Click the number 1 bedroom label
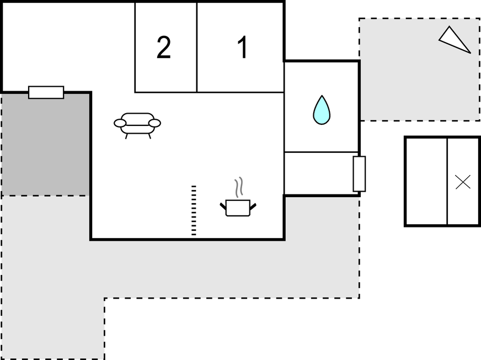tap(242, 48)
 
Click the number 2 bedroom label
tap(164, 48)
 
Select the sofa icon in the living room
tap(137, 124)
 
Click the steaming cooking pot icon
tap(238, 207)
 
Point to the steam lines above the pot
tap(238, 187)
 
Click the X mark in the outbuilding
tap(463, 182)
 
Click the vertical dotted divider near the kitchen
tap(194, 210)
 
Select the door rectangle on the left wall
tap(46, 92)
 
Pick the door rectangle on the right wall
tap(359, 174)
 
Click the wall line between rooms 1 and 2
tap(197, 47)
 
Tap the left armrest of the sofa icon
tap(120, 123)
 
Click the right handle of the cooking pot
tap(253, 207)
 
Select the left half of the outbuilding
tap(426, 182)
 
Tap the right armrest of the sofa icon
tap(155, 123)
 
